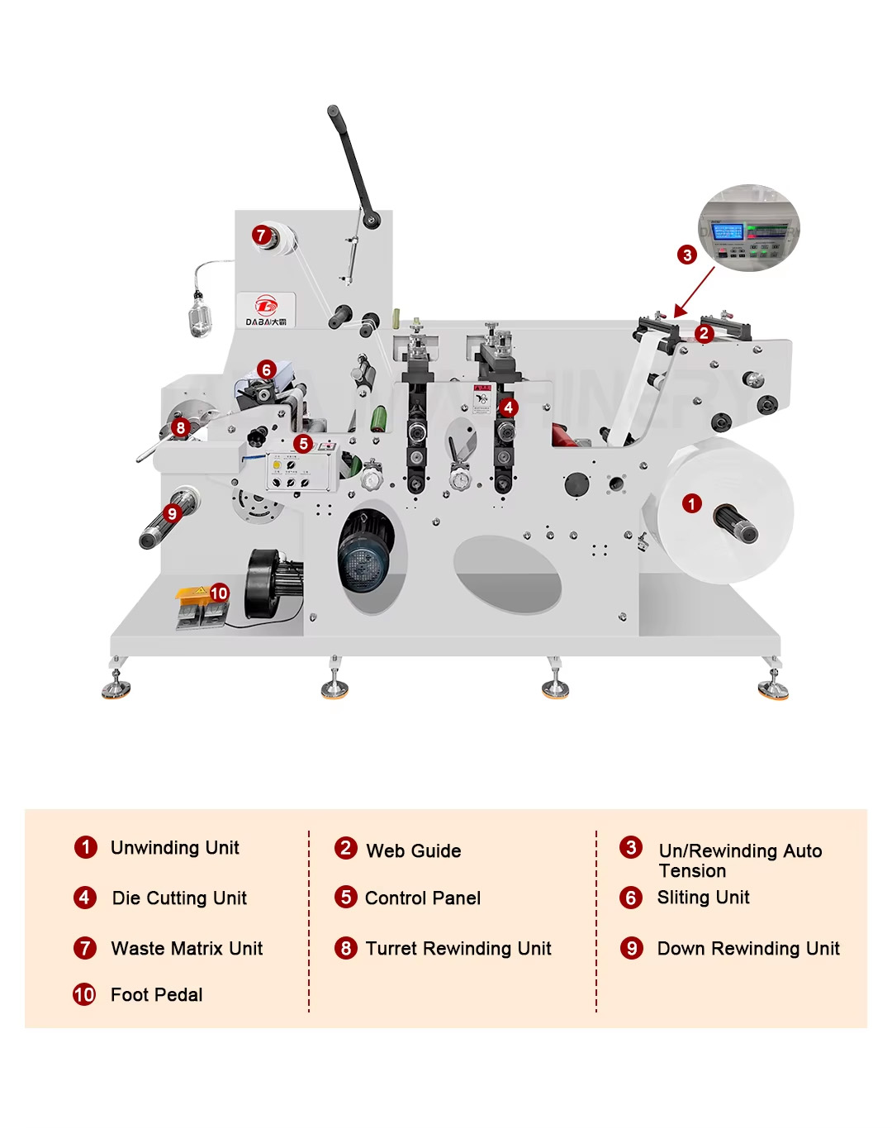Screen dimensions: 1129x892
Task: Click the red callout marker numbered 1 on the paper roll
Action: pyautogui.click(x=692, y=503)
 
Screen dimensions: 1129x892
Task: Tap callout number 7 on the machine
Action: pyautogui.click(x=261, y=236)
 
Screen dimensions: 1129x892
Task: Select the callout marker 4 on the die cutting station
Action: pyautogui.click(x=509, y=407)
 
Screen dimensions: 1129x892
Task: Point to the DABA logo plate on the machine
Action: pyautogui.click(x=266, y=311)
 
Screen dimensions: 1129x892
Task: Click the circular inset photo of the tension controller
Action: pyautogui.click(x=749, y=228)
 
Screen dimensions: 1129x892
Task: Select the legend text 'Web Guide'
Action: pyautogui.click(x=413, y=850)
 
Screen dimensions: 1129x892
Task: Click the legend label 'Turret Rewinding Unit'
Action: pyautogui.click(x=458, y=948)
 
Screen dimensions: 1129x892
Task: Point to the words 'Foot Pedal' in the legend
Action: pyautogui.click(x=156, y=994)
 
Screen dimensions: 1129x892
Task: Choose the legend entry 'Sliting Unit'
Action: pyautogui.click(x=703, y=898)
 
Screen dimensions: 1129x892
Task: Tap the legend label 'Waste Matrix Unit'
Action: pyautogui.click(x=187, y=948)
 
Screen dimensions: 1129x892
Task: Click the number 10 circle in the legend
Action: pyautogui.click(x=84, y=994)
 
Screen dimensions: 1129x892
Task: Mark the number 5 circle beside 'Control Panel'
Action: pyautogui.click(x=346, y=898)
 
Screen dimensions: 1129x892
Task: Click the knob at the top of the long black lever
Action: pyautogui.click(x=333, y=111)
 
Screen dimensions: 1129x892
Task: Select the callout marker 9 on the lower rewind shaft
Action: pyautogui.click(x=172, y=513)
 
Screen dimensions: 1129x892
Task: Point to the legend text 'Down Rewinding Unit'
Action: pyautogui.click(x=748, y=948)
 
